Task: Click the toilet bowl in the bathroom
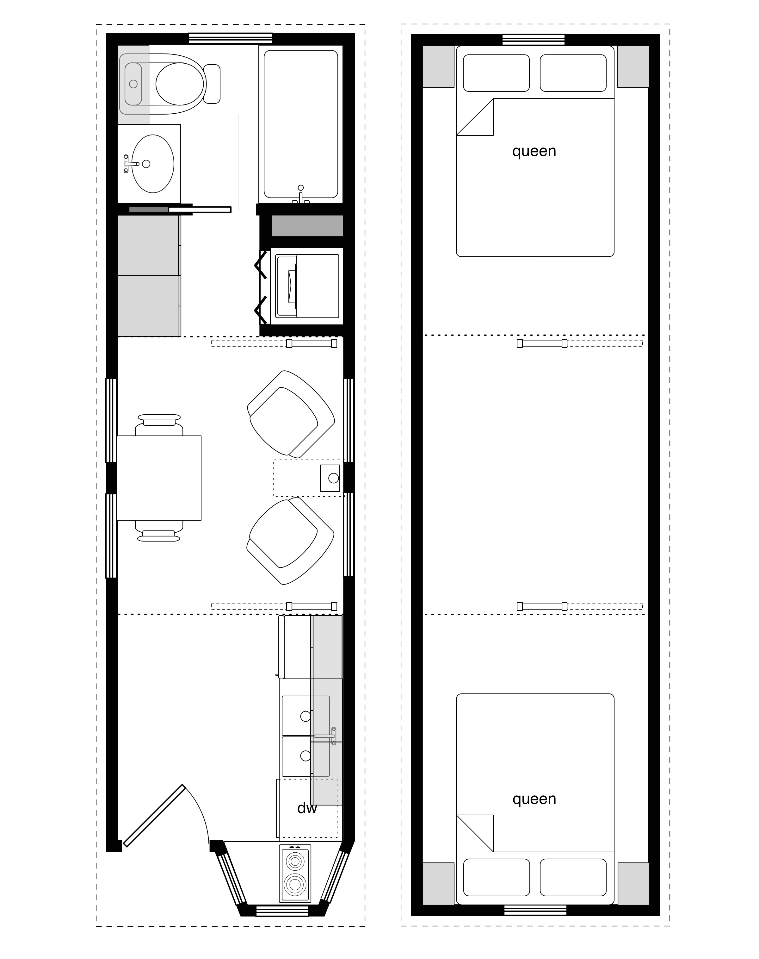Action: [x=180, y=84]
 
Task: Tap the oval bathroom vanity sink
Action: [x=153, y=164]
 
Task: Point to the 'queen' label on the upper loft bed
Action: [x=534, y=151]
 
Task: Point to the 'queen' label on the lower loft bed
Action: [x=534, y=799]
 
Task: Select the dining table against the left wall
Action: [x=159, y=478]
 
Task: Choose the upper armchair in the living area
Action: [x=291, y=414]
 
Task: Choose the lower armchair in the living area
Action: [x=291, y=541]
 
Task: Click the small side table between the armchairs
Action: [x=330, y=478]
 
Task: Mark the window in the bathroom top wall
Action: [x=230, y=39]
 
